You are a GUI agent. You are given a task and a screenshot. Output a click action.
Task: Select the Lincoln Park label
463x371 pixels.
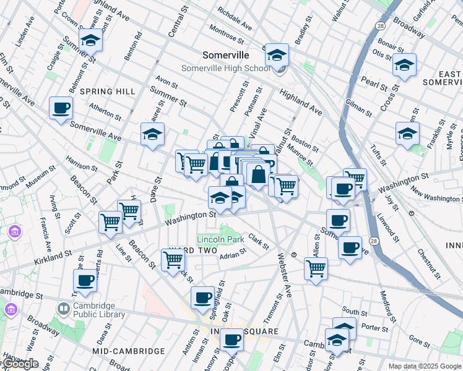click(220, 239)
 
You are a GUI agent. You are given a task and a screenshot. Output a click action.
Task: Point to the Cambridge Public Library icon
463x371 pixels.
click(63, 308)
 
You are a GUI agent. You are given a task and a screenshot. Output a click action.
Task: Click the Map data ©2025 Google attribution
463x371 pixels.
click(424, 366)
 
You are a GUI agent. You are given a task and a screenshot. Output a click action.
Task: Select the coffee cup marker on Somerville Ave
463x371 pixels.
click(61, 109)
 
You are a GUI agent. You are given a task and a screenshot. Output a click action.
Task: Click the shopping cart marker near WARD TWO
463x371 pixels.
click(173, 260)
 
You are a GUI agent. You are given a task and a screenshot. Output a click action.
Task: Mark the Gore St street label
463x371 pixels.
click(419, 341)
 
